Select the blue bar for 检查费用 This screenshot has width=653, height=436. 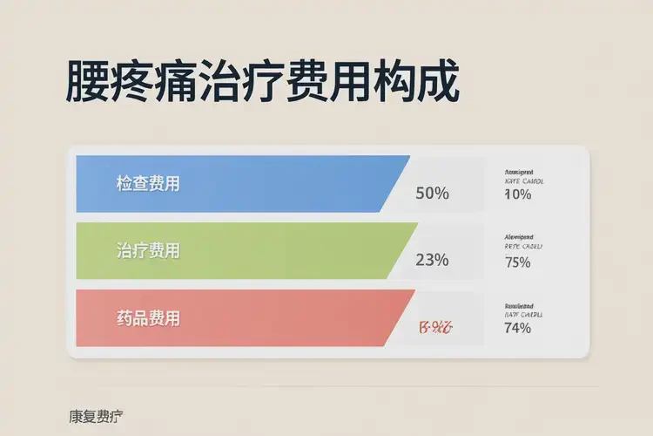pos(261,184)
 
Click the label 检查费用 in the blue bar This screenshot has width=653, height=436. pos(148,184)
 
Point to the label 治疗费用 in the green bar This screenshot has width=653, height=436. pos(148,250)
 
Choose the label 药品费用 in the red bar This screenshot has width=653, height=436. pos(148,318)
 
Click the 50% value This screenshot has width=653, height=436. pos(432,193)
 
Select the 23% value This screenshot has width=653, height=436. pos(432,259)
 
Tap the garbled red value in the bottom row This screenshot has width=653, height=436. pos(434,328)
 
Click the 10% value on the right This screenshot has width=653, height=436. pos(517,194)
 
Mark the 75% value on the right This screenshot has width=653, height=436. pos(517,262)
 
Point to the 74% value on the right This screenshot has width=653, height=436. pos(517,328)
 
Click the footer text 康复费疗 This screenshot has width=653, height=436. pos(96,416)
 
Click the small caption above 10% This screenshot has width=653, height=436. pos(523,177)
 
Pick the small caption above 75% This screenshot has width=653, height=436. pos(523,242)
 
